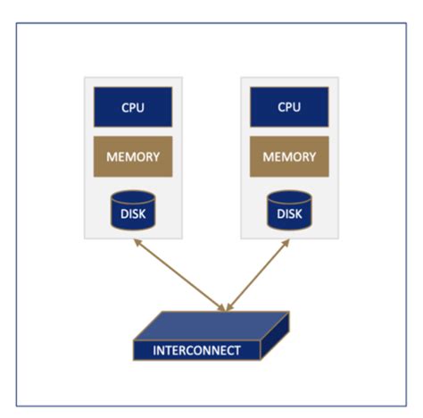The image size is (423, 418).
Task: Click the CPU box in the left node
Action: pyautogui.click(x=133, y=108)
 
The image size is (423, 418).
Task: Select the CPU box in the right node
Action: pyautogui.click(x=288, y=108)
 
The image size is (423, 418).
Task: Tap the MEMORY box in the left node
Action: pyautogui.click(x=133, y=157)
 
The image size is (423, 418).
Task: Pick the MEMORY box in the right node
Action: pyautogui.click(x=288, y=157)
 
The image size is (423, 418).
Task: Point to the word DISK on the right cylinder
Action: pyautogui.click(x=288, y=214)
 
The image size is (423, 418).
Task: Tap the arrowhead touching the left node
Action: pyautogui.click(x=137, y=243)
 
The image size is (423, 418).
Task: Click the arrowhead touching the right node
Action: pyautogui.click(x=287, y=243)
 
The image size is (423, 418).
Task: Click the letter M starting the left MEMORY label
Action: pyautogui.click(x=112, y=157)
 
